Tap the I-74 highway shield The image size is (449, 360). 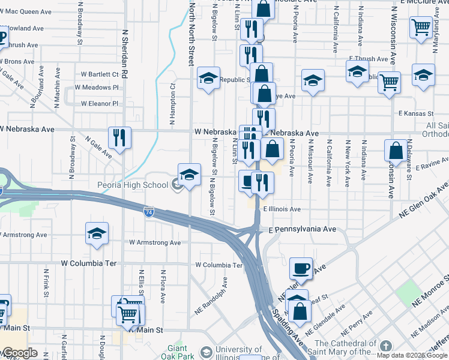(x=149, y=212)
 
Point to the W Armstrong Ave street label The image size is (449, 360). (x=155, y=243)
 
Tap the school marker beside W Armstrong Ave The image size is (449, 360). (x=97, y=235)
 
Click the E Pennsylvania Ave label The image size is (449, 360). (x=300, y=230)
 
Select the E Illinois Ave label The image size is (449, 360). (x=282, y=209)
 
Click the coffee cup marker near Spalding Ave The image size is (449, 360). (x=301, y=268)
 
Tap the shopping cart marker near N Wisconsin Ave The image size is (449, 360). (x=390, y=82)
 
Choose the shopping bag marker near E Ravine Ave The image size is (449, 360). (x=396, y=151)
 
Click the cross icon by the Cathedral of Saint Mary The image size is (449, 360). (x=385, y=347)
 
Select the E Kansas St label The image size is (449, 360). (x=415, y=113)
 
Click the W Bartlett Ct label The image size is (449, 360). (x=100, y=74)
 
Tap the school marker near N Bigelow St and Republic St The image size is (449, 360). (x=209, y=78)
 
